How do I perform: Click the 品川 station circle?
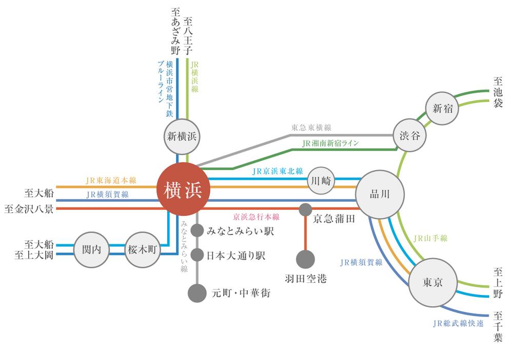[x=380, y=194]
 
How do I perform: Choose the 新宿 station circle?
[x=442, y=109]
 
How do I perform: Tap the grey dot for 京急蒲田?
[x=305, y=209]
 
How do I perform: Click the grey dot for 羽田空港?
[x=305, y=259]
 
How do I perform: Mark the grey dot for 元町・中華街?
[x=197, y=293]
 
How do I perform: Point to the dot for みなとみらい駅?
[x=197, y=231]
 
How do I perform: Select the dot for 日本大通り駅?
[x=197, y=255]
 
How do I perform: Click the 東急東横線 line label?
[x=311, y=127]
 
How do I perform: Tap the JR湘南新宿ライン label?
[x=330, y=143]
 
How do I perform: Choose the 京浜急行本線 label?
[x=256, y=217]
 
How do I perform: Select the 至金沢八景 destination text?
[x=29, y=209]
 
